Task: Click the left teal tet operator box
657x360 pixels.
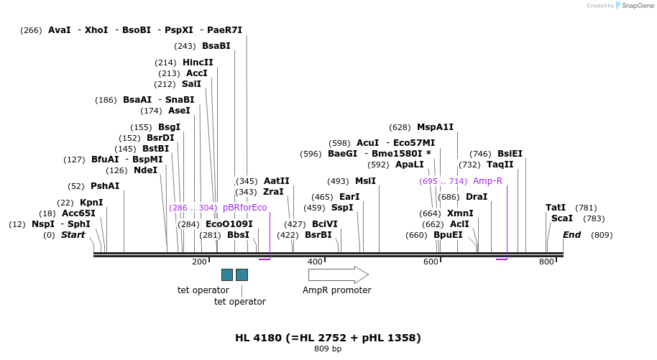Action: click(227, 274)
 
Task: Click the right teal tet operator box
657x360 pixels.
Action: click(242, 274)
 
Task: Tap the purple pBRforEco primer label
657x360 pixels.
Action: click(244, 208)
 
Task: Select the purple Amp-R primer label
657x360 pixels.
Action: click(487, 181)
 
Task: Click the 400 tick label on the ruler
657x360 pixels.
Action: click(315, 262)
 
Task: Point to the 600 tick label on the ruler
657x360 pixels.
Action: click(431, 262)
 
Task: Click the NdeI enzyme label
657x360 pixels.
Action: click(145, 170)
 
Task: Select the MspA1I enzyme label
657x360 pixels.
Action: click(435, 127)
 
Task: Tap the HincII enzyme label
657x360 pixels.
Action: click(198, 63)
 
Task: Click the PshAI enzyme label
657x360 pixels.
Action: click(105, 186)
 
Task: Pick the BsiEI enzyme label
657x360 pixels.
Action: click(510, 154)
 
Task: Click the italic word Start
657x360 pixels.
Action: click(73, 235)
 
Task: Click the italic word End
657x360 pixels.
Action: click(571, 235)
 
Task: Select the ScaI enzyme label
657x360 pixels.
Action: click(562, 218)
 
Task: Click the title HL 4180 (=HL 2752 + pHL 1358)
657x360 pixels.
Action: click(328, 338)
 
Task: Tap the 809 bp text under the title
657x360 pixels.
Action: click(328, 349)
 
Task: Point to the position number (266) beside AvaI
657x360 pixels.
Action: click(31, 30)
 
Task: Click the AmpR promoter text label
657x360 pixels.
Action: click(336, 290)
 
